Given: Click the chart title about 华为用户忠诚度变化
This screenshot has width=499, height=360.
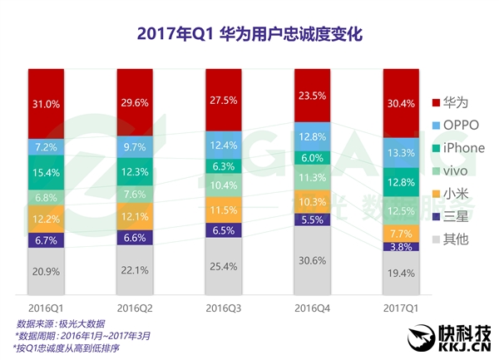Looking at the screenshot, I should point(249,35).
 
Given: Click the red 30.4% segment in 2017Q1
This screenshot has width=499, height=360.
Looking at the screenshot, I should point(402,103).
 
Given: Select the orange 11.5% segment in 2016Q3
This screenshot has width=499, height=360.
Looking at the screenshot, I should point(225,208).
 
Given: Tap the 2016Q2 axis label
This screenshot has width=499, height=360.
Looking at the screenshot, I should point(136,308).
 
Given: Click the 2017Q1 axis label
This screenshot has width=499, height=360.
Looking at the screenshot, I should point(402,308).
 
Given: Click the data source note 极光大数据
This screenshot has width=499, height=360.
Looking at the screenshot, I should point(58,323).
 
